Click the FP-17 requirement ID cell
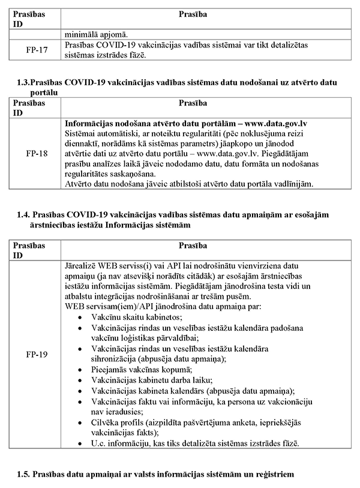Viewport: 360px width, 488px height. (x=37, y=49)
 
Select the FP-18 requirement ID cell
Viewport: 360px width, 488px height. (x=37, y=153)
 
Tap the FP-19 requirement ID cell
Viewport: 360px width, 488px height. (x=37, y=354)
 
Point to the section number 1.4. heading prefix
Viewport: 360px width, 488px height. (x=26, y=214)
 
